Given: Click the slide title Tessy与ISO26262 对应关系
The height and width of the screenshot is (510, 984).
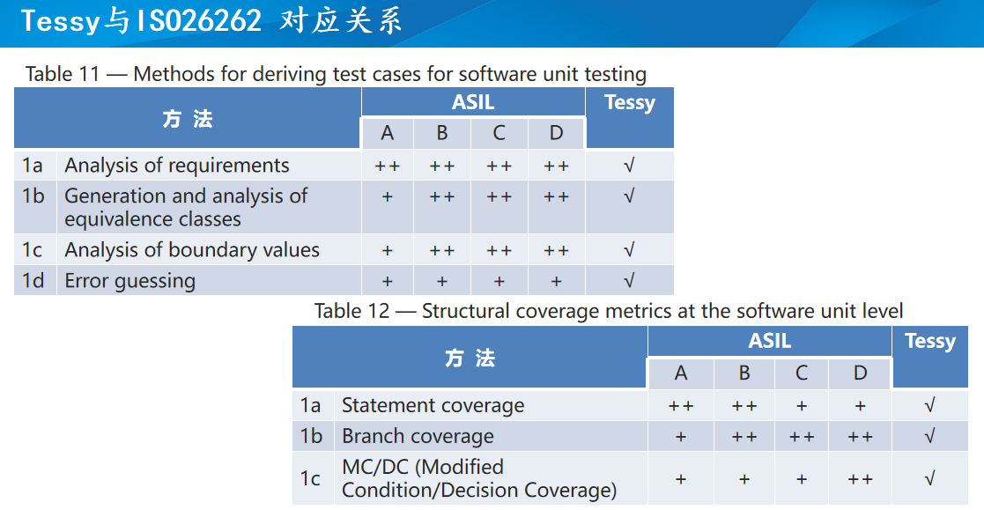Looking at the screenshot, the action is click(x=211, y=21).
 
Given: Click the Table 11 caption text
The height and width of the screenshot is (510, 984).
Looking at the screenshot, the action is click(x=336, y=74).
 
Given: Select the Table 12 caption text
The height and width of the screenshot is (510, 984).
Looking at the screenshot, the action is click(x=609, y=311).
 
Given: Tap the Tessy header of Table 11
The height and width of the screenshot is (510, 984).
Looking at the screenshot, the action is click(x=630, y=102).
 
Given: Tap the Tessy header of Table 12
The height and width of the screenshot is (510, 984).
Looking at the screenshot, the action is click(x=930, y=341).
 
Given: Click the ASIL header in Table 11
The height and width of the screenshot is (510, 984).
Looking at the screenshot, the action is click(x=473, y=101).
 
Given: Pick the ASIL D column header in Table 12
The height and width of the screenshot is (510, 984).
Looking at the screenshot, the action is click(x=861, y=373).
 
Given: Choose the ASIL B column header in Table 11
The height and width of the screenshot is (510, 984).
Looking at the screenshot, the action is click(x=442, y=133).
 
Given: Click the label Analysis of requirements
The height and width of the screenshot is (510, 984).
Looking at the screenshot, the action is click(x=177, y=165).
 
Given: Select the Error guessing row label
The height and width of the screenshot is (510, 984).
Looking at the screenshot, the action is click(x=129, y=280).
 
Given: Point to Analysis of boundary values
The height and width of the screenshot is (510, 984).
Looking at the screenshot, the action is click(x=192, y=249).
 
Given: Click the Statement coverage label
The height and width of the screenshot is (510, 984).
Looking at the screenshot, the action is click(x=433, y=405).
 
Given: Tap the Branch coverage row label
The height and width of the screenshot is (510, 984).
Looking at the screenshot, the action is click(x=418, y=436).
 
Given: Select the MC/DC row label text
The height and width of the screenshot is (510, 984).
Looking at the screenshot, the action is click(x=479, y=478).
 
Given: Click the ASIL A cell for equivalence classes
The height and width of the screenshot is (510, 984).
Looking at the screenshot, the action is click(x=388, y=197).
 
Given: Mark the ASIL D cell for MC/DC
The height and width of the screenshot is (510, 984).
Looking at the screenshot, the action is click(x=861, y=480).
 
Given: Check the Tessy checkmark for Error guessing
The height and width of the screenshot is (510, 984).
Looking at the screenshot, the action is click(x=629, y=280).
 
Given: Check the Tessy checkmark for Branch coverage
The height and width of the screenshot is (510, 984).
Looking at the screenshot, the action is click(x=930, y=436).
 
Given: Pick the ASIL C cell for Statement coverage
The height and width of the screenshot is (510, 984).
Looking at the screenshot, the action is click(x=802, y=406).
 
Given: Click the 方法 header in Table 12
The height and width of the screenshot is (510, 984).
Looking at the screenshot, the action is click(x=470, y=358).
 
